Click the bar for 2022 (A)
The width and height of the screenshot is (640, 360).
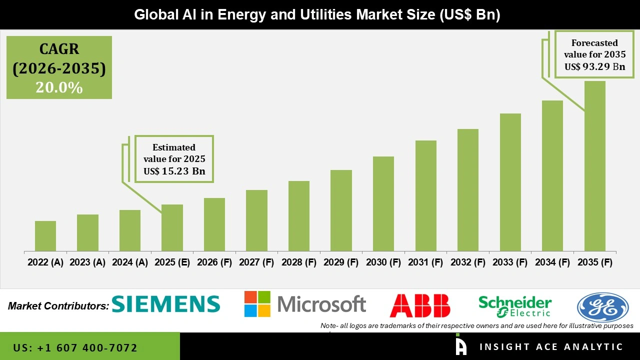click(x=45, y=236)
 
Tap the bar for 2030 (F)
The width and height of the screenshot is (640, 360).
click(x=383, y=204)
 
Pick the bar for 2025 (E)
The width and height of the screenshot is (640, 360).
click(x=172, y=228)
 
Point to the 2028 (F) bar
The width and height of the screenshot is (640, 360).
click(x=299, y=216)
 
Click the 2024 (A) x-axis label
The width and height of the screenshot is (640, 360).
click(x=130, y=262)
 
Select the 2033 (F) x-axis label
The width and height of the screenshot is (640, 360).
click(x=510, y=262)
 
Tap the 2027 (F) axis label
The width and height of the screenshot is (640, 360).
click(x=256, y=262)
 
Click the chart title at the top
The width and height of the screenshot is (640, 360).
click(x=317, y=15)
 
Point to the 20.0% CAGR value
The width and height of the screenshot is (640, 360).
click(x=59, y=87)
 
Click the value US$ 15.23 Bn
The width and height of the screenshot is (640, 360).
click(x=174, y=171)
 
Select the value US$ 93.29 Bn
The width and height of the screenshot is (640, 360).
click(x=594, y=66)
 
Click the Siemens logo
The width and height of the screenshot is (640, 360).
click(x=165, y=304)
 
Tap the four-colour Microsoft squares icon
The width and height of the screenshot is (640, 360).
click(x=257, y=304)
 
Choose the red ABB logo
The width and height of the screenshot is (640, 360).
click(x=420, y=305)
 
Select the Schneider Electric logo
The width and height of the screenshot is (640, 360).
click(x=515, y=306)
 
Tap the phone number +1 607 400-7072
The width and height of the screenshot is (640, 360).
click(x=75, y=347)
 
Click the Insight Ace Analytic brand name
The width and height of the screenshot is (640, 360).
click(x=551, y=347)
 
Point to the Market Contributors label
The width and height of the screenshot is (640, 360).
click(x=58, y=306)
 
